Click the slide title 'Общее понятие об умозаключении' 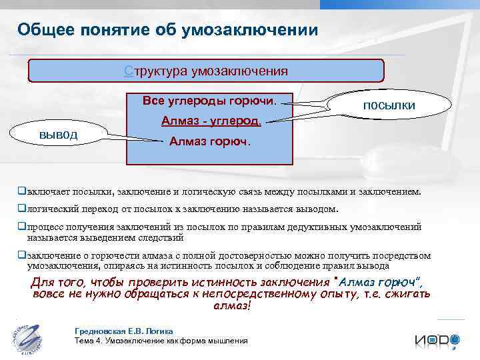[x=163, y=30]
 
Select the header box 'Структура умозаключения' [x=206, y=71]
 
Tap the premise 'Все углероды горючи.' [x=209, y=101]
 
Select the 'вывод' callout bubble [x=59, y=135]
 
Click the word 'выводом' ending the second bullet [x=317, y=209]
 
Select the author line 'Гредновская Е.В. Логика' [x=124, y=331]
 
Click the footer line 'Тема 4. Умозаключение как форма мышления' [x=161, y=341]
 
